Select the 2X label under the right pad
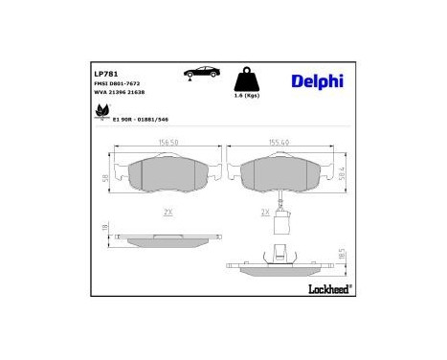tap(265, 213)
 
